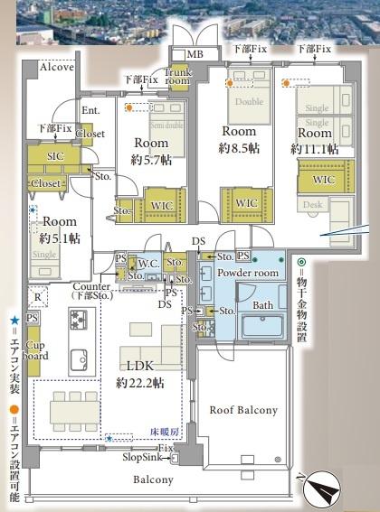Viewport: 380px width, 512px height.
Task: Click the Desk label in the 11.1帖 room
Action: pos(313,205)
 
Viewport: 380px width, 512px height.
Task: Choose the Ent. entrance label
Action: pos(90,110)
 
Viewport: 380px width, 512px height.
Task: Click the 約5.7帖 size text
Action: pos(150,159)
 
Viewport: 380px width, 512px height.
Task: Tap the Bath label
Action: pos(262,305)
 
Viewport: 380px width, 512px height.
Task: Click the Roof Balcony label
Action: pos(243,410)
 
